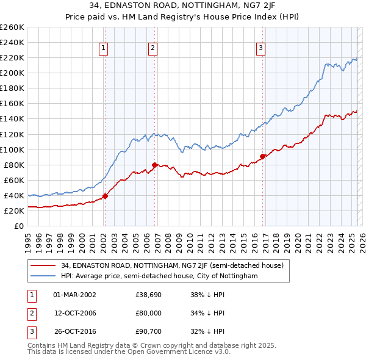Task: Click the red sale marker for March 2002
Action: point(105,196)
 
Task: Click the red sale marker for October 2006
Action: point(154,165)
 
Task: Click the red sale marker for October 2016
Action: point(263,156)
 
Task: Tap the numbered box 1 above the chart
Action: point(104,49)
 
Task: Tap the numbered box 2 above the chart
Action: point(152,49)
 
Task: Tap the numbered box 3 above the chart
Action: point(260,49)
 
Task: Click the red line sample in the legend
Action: point(43,266)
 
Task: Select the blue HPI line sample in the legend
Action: point(43,276)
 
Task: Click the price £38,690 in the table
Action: point(149,295)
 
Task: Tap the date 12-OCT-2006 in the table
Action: point(76,313)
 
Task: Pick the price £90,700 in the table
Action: point(149,331)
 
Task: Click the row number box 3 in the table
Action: point(30,331)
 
